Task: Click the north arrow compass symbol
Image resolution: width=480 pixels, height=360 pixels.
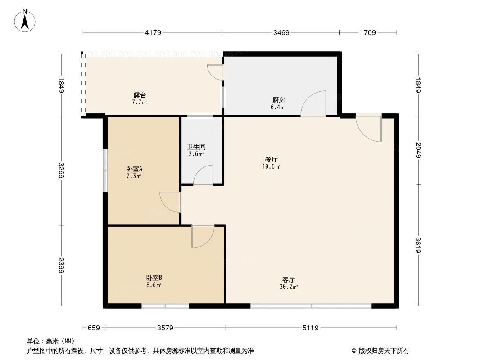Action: [26, 20]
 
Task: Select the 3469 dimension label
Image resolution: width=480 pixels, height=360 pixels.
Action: [281, 32]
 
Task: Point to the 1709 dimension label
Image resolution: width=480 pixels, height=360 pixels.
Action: [367, 32]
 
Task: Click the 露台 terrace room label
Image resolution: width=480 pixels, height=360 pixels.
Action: [139, 95]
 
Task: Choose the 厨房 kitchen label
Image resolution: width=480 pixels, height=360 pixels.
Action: [278, 100]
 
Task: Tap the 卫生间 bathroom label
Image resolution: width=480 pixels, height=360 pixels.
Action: [196, 147]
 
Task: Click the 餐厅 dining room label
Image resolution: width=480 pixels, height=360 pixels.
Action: [272, 159]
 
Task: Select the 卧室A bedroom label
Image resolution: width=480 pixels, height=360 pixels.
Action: [134, 169]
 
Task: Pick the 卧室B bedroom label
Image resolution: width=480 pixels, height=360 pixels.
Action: [154, 278]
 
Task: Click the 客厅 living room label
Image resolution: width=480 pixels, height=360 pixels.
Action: [289, 279]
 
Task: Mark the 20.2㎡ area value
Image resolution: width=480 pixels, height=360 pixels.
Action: [289, 287]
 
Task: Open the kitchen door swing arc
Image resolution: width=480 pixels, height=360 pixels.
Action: [314, 104]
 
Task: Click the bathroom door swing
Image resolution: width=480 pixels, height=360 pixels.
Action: [204, 175]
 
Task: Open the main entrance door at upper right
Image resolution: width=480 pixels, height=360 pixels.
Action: [369, 129]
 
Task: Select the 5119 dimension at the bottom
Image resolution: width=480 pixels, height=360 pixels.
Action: [310, 328]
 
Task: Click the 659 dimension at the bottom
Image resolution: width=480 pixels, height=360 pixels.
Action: [93, 328]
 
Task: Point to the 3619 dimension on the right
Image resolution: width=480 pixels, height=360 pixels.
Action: [418, 245]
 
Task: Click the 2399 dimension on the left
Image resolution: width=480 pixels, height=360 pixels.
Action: [62, 265]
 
